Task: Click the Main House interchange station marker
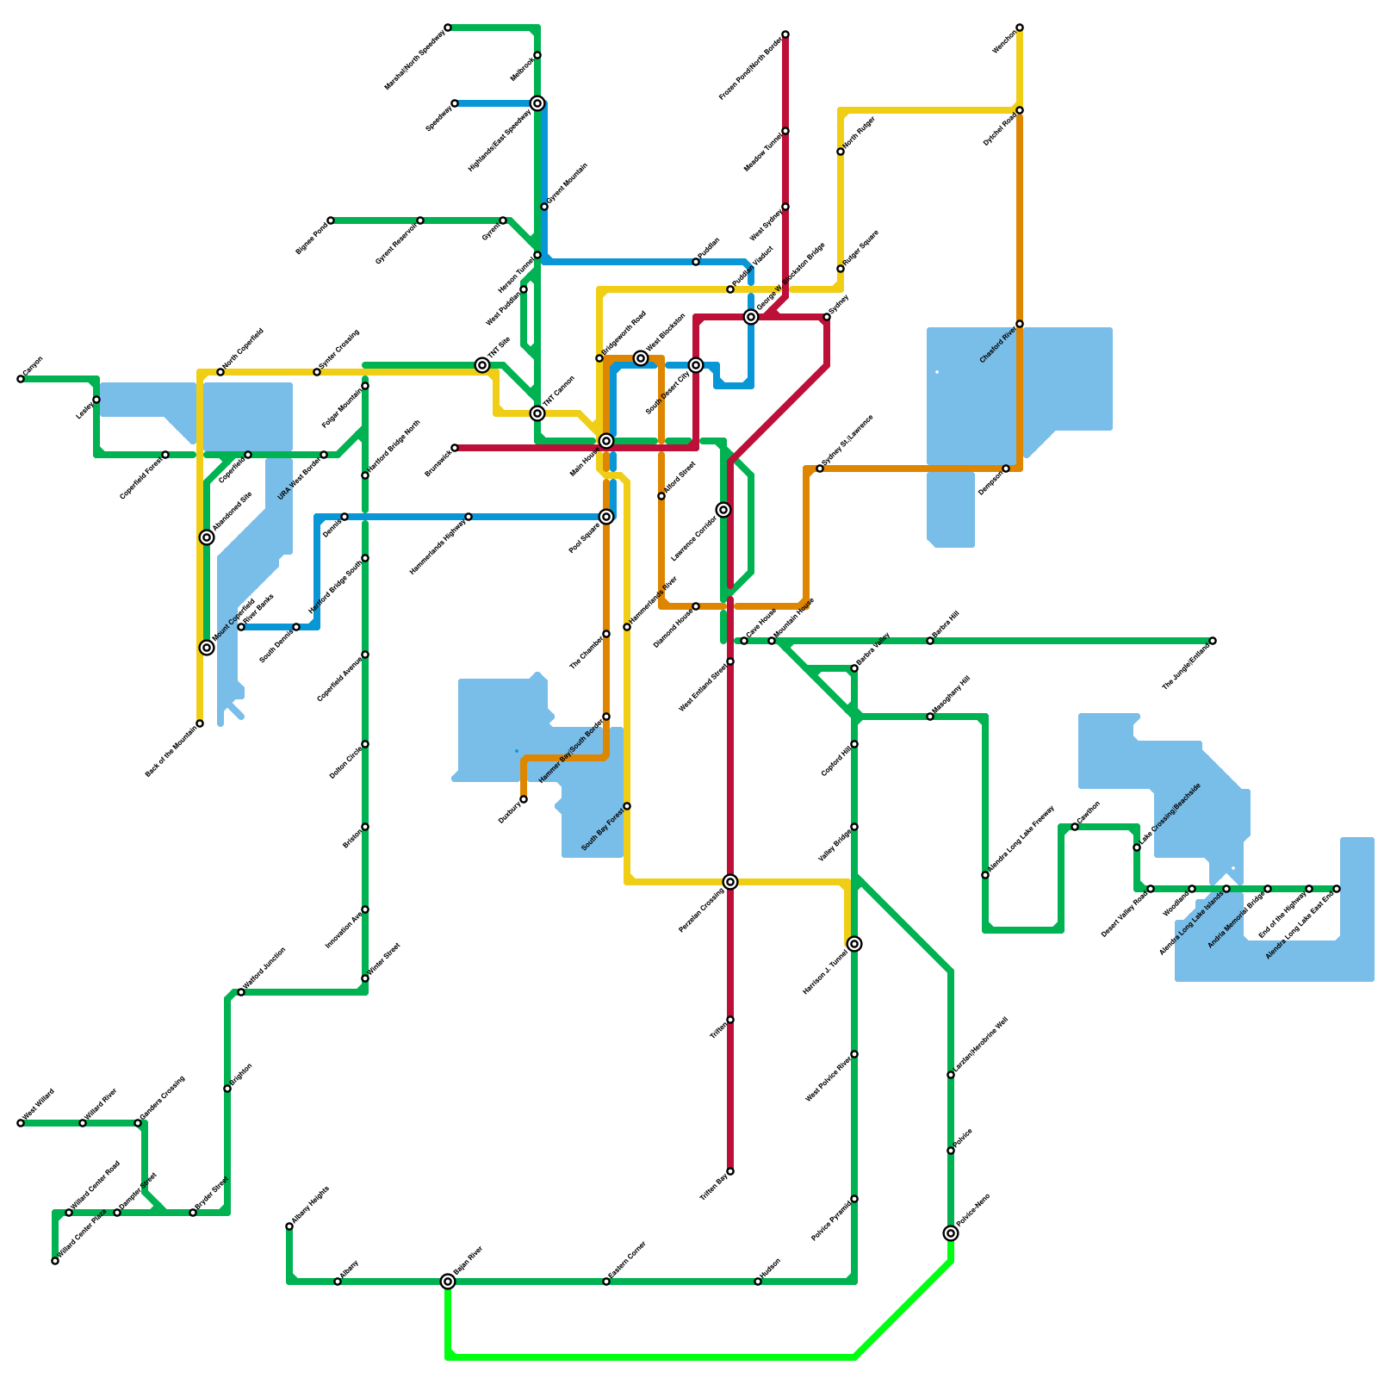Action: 606,441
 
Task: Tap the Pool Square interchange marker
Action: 606,517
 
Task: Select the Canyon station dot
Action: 21,379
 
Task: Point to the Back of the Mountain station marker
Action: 200,723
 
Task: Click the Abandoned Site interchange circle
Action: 207,537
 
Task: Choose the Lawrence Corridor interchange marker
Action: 723,510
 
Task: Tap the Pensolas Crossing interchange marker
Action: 730,882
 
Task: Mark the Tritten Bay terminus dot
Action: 730,1171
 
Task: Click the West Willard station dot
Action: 21,1123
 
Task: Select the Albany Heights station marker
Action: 289,1226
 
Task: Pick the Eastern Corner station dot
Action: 606,1282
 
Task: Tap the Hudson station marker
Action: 758,1282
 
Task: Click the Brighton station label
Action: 241,1077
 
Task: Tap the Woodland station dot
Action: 1192,889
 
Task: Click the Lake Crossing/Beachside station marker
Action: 1137,847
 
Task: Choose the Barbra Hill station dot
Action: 930,641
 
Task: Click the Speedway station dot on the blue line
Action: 455,103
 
